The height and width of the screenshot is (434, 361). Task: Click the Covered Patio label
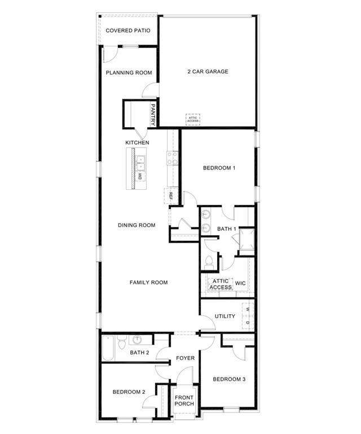(x=128, y=30)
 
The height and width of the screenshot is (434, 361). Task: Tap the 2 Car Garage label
(x=208, y=72)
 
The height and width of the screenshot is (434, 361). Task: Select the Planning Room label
(x=129, y=72)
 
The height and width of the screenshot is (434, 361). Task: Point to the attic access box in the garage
(x=193, y=119)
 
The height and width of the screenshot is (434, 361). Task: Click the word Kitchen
(x=137, y=142)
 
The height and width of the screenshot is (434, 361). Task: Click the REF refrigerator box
(x=170, y=196)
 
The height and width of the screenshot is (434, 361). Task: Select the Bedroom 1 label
(x=219, y=168)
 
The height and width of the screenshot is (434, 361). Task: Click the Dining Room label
(x=137, y=225)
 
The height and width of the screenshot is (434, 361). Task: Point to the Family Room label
(x=148, y=283)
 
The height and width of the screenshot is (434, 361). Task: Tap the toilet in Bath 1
(x=209, y=261)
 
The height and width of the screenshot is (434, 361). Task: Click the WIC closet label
(x=241, y=283)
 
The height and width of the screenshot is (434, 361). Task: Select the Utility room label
(x=225, y=316)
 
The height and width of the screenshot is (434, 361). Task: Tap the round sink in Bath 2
(x=137, y=340)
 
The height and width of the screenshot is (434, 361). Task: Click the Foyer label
(x=185, y=358)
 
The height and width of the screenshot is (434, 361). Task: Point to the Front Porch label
(x=184, y=400)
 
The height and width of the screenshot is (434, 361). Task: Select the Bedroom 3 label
(x=229, y=379)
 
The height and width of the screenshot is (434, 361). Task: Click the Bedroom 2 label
(x=129, y=392)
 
